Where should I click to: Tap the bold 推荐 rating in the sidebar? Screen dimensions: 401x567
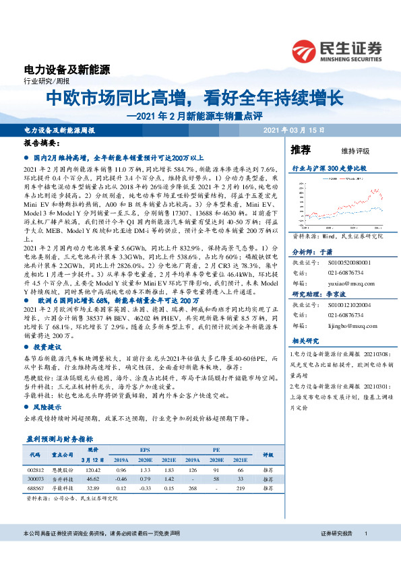click(301, 149)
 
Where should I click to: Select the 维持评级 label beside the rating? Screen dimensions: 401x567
click(344, 149)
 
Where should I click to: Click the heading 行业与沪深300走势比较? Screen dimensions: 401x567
click(329, 167)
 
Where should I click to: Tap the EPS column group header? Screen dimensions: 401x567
click(145, 449)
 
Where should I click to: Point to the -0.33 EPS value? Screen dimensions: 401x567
click(144, 486)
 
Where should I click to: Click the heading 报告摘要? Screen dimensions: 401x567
click(40, 144)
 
